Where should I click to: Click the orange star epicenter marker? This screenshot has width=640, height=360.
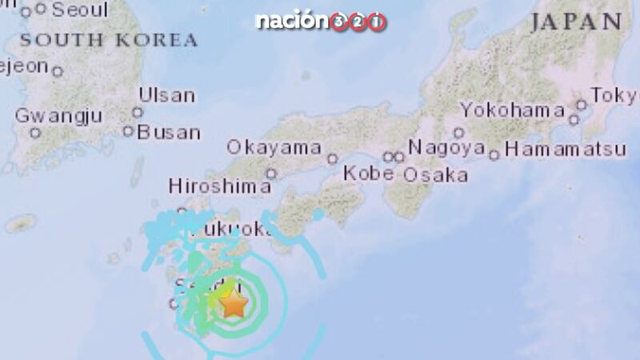pyautogui.click(x=233, y=304)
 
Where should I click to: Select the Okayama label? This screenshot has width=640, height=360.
pyautogui.click(x=274, y=147)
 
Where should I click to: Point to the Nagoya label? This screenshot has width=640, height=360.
pyautogui.click(x=446, y=147)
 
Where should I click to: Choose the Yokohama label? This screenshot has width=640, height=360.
pyautogui.click(x=513, y=110)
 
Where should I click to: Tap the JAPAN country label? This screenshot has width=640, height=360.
pyautogui.click(x=576, y=22)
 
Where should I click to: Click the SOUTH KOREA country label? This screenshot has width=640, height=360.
pyautogui.click(x=109, y=39)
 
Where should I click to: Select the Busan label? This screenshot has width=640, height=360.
pyautogui.click(x=168, y=132)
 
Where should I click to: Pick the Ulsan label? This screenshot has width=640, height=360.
pyautogui.click(x=166, y=95)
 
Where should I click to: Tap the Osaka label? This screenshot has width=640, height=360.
pyautogui.click(x=435, y=174)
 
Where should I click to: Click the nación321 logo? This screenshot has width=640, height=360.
pyautogui.click(x=320, y=22)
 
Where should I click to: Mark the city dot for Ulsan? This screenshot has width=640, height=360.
pyautogui.click(x=138, y=113)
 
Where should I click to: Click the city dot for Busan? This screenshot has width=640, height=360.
pyautogui.click(x=128, y=131)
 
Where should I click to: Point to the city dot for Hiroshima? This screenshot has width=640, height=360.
pyautogui.click(x=271, y=173)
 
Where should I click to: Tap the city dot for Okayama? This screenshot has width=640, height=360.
pyautogui.click(x=332, y=158)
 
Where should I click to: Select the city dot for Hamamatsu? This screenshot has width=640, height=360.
pyautogui.click(x=494, y=154)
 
